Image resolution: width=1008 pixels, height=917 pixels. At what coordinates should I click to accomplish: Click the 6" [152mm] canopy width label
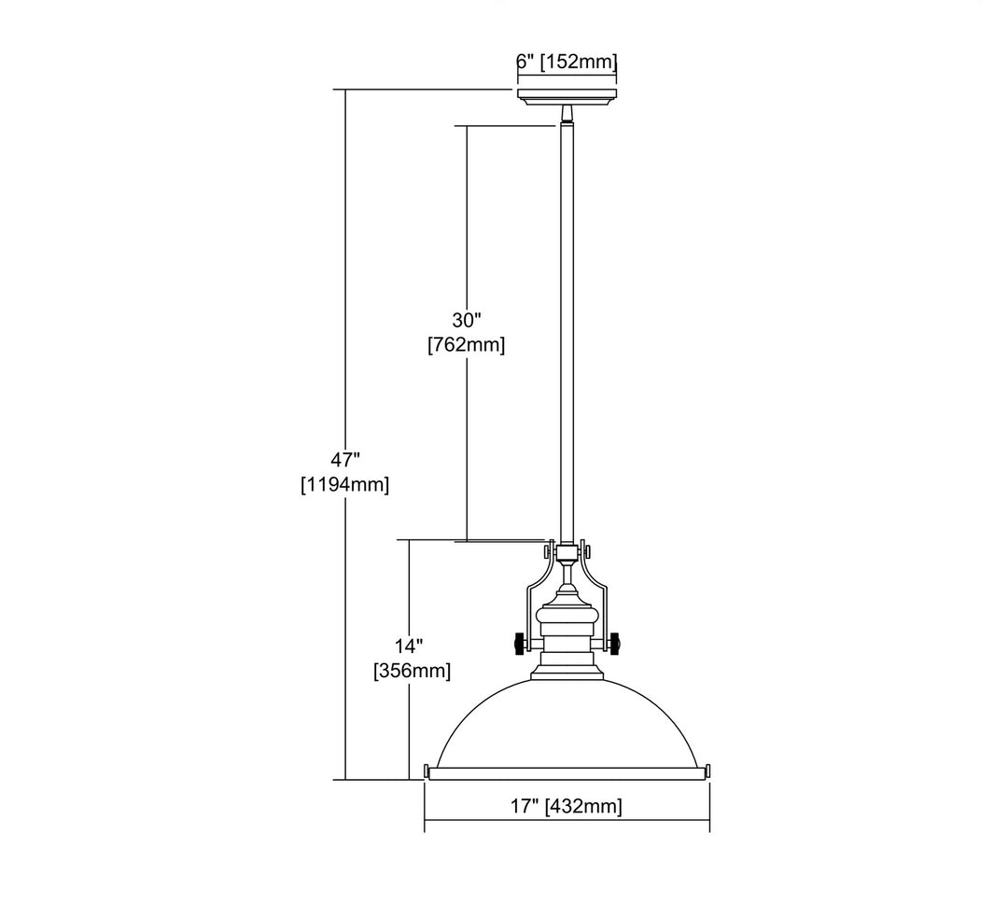pos(567,63)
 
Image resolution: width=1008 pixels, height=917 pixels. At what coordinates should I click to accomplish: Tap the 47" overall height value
pos(344,460)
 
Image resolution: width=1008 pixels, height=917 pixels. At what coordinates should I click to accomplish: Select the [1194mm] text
pos(344,484)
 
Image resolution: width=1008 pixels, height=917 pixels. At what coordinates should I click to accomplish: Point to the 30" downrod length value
pos(466,319)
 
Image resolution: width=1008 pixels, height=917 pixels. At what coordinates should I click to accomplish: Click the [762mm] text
pos(466,344)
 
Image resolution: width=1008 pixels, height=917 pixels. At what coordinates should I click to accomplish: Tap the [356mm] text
pos(412,670)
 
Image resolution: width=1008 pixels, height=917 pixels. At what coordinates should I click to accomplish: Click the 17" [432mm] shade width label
pos(567,805)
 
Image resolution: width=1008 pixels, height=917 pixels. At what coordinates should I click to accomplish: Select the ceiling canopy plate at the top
pos(567,97)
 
